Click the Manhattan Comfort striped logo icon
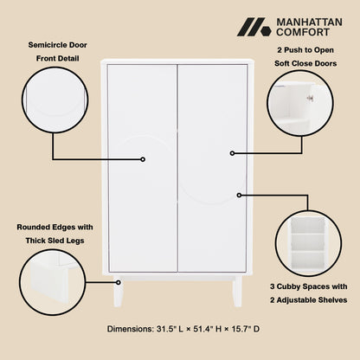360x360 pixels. tap(254, 28)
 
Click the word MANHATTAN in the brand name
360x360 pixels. tap(310, 22)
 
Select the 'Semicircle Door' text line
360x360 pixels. tap(56, 44)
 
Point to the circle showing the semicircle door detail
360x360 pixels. tap(56, 102)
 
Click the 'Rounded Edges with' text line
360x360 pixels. tap(55, 227)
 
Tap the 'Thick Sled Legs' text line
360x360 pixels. tap(55, 241)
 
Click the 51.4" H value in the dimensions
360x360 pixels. tap(206, 329)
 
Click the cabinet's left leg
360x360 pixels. tap(118, 292)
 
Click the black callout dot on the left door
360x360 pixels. tap(144, 159)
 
